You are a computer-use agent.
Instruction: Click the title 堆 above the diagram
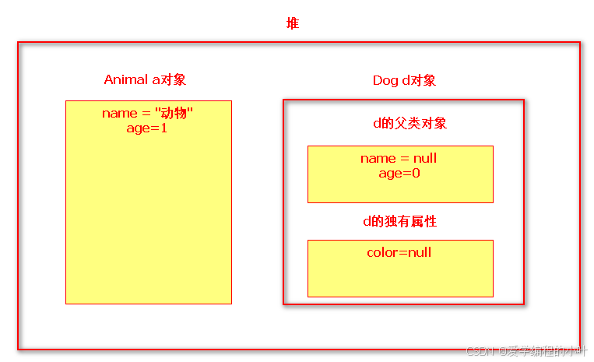293,24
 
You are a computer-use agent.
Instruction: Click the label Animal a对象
146,80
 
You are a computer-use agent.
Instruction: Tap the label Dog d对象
404,81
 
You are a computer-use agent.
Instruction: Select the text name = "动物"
148,114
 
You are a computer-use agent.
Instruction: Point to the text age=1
147,128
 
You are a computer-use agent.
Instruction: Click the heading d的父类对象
409,124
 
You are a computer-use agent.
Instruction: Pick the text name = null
399,159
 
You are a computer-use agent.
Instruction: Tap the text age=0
399,173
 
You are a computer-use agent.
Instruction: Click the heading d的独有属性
399,222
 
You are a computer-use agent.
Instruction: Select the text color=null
399,252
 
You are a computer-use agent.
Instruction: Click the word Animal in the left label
125,80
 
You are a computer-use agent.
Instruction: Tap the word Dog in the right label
385,81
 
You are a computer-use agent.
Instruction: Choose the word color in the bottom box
381,252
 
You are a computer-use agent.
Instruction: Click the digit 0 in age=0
417,173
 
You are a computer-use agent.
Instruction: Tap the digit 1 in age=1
164,128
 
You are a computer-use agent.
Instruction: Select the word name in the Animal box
119,114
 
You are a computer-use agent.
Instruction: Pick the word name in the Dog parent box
378,159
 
